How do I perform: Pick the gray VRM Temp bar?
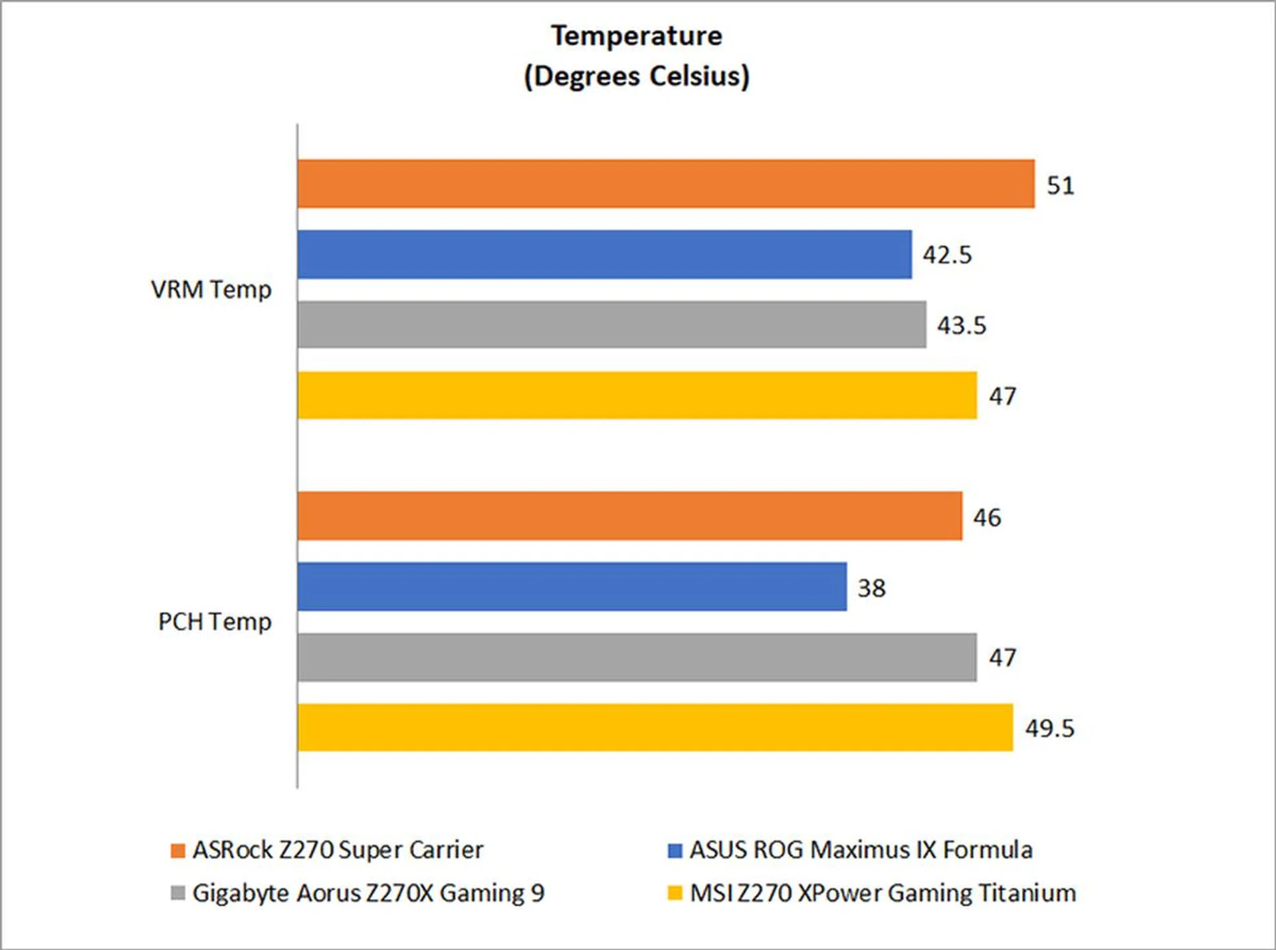pos(611,325)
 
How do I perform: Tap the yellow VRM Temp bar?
pos(637,395)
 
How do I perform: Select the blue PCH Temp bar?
pos(572,587)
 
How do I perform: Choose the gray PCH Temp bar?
pos(637,657)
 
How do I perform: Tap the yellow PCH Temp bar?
pos(655,727)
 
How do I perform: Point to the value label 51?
pos(1060,185)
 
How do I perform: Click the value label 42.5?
pos(947,255)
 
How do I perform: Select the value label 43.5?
pos(962,326)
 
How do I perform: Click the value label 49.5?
pos(1049,729)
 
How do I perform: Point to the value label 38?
pos(871,588)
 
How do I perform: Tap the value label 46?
pos(987,518)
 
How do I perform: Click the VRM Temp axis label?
pos(211,290)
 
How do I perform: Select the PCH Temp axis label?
pos(215,622)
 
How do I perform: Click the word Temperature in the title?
pos(637,36)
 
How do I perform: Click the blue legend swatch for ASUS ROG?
pos(675,850)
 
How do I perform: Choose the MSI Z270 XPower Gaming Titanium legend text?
pos(883,894)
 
